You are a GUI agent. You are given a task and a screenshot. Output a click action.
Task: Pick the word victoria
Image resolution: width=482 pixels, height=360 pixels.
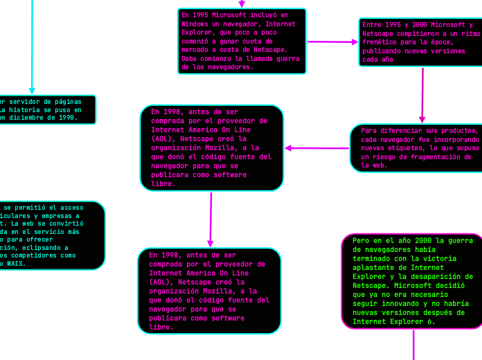[454, 258]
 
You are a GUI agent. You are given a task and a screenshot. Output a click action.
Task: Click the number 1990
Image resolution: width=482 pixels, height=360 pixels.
[66, 118]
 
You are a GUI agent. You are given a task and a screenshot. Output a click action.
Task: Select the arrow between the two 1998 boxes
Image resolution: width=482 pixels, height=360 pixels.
[211, 219]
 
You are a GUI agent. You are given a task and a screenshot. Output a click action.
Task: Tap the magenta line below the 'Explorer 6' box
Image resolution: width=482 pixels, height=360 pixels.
[413, 344]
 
